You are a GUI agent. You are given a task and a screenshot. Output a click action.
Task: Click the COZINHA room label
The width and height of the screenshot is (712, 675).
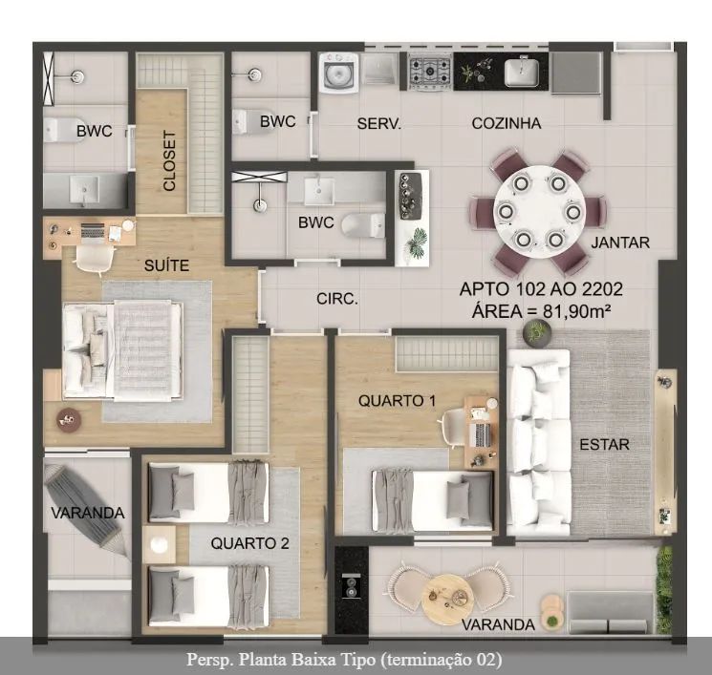coord(507,123)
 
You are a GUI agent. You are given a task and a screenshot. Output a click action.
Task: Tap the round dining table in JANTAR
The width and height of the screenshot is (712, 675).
coord(539,212)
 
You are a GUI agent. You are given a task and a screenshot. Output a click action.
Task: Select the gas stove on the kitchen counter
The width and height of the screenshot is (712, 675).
coord(429,73)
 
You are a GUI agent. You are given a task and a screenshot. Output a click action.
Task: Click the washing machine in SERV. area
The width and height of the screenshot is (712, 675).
coord(339,73)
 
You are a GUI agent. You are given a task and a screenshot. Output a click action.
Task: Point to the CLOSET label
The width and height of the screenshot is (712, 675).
coord(169,161)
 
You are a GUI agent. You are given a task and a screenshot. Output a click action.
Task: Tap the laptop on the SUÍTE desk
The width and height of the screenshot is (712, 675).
coord(93,231)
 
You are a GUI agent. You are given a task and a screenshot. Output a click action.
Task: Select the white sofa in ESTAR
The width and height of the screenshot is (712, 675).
coord(539,442)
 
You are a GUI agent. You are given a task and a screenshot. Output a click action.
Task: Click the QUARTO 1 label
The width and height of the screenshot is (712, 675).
coord(397,401)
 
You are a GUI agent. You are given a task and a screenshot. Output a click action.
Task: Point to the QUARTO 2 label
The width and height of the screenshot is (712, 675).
coord(250,543)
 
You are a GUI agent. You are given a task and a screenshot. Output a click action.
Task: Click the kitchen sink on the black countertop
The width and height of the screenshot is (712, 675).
coord(522,72)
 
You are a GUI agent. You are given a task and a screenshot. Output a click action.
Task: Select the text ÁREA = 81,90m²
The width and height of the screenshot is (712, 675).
coord(541,311)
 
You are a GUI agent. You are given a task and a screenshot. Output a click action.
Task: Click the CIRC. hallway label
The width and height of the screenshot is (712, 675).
coord(337,299)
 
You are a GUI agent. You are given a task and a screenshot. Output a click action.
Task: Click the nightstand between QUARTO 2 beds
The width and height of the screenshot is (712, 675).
coord(159,544)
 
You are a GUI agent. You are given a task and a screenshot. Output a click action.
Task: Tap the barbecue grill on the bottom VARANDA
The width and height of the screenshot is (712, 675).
coord(352,587)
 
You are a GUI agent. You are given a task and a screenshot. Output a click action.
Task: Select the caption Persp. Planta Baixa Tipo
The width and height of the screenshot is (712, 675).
coord(345,660)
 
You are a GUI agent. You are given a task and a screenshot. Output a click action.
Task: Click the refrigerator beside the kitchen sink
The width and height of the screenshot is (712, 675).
coord(575,73)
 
